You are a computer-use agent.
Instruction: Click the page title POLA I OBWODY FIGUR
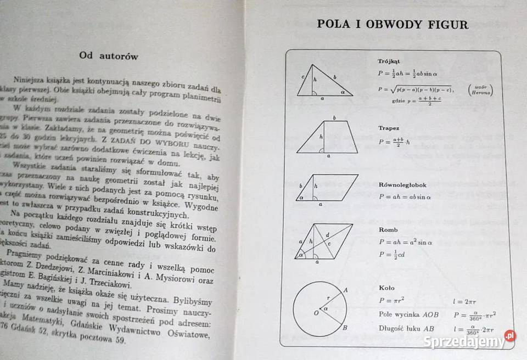pyautogui.click(x=393, y=25)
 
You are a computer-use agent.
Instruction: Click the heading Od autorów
pyautogui.click(x=109, y=56)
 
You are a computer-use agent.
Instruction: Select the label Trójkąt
pyautogui.click(x=389, y=61)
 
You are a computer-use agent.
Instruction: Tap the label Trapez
pyautogui.click(x=389, y=128)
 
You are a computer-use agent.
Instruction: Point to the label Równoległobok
pyautogui.click(x=402, y=185)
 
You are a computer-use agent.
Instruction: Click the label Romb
pyautogui.click(x=388, y=229)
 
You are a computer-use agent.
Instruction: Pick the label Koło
pyautogui.click(x=386, y=288)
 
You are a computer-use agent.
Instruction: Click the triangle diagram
pyautogui.click(x=324, y=82)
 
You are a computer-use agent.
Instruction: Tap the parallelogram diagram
pyautogui.click(x=327, y=189)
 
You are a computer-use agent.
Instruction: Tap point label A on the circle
pyautogui.click(x=345, y=290)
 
